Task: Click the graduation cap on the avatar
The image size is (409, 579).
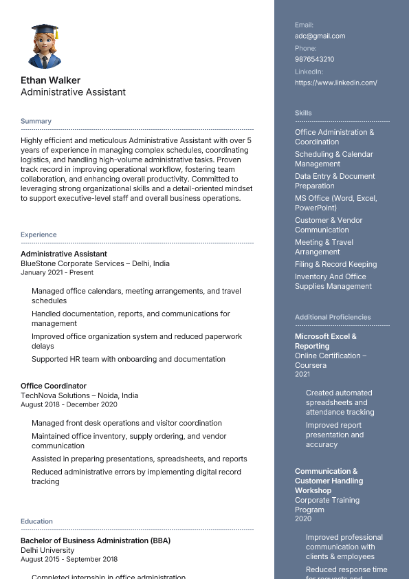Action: pyautogui.click(x=45, y=30)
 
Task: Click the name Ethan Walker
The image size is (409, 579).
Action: pyautogui.click(x=50, y=80)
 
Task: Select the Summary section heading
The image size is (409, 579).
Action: pyautogui.click(x=36, y=121)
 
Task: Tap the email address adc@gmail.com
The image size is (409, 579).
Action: pyautogui.click(x=320, y=36)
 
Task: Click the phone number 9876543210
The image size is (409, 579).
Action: pyautogui.click(x=314, y=59)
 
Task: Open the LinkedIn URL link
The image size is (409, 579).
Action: pyautogui.click(x=335, y=83)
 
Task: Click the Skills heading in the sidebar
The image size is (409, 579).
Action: pyautogui.click(x=303, y=113)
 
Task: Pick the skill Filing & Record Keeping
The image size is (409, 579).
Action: pyautogui.click(x=335, y=264)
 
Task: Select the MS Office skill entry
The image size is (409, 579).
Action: pyautogui.click(x=335, y=203)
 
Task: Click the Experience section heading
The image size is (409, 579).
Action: pyautogui.click(x=38, y=234)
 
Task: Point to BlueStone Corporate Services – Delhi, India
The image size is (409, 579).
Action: pyautogui.click(x=95, y=263)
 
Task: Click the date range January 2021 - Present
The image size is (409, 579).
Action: pyautogui.click(x=57, y=272)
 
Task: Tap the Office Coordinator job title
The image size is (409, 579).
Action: pyautogui.click(x=54, y=386)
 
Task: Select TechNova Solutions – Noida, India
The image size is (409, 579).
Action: pyautogui.click(x=79, y=395)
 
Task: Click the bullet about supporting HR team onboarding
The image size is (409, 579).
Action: pyautogui.click(x=128, y=359)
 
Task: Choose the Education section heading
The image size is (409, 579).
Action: pyautogui.click(x=36, y=521)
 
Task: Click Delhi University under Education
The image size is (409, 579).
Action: pyautogui.click(x=47, y=550)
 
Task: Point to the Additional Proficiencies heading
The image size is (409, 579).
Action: pyautogui.click(x=333, y=317)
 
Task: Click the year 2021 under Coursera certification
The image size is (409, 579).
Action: pyautogui.click(x=302, y=374)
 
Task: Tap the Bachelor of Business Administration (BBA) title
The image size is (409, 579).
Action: pyautogui.click(x=95, y=540)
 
